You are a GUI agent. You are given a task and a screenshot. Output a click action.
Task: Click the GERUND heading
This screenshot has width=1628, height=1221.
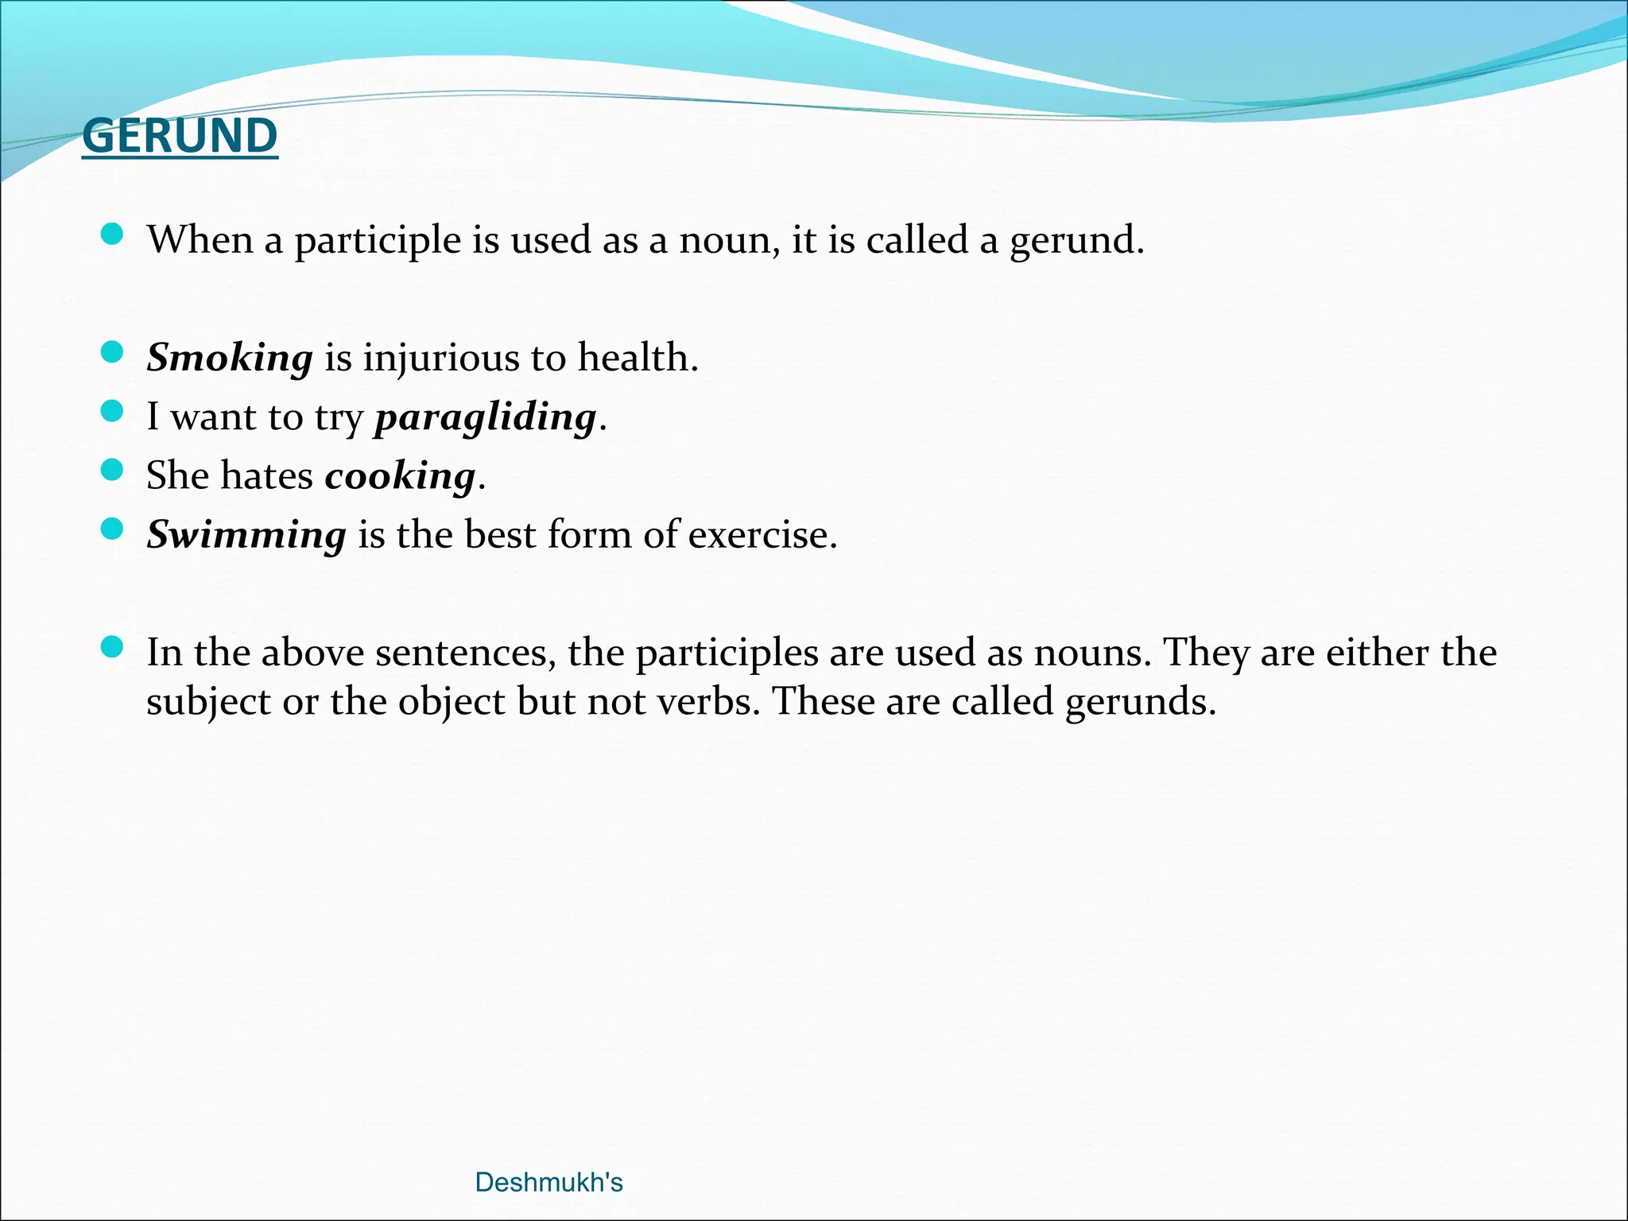pyautogui.click(x=180, y=136)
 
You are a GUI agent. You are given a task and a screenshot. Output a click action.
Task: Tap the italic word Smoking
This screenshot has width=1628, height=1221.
pyautogui.click(x=230, y=357)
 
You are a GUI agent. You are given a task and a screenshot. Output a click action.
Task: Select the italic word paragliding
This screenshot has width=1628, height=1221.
pyautogui.click(x=485, y=417)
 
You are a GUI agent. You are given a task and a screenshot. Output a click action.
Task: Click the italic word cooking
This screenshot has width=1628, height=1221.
pyautogui.click(x=400, y=475)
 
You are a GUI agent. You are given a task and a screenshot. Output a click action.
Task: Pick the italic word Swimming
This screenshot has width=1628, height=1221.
pyautogui.click(x=246, y=534)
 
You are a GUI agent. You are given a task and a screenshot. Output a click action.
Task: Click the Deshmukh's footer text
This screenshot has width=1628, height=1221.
pyautogui.click(x=548, y=1182)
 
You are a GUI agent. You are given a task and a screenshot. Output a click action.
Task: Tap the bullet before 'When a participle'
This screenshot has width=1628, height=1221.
pyautogui.click(x=113, y=234)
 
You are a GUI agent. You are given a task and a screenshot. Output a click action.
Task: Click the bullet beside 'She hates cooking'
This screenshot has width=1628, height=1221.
pyautogui.click(x=113, y=470)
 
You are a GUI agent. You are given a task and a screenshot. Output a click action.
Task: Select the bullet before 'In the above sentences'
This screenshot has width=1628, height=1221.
pyautogui.click(x=113, y=647)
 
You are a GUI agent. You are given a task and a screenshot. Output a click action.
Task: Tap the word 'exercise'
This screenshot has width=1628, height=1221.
pyautogui.click(x=762, y=534)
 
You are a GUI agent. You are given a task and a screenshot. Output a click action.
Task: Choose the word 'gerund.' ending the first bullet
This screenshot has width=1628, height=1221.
pyautogui.click(x=1076, y=240)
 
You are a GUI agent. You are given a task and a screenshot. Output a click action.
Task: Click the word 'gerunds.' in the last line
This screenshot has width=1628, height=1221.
pyautogui.click(x=1140, y=702)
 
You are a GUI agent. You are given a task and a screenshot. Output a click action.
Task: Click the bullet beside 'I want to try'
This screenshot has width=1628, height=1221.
pyautogui.click(x=113, y=411)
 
